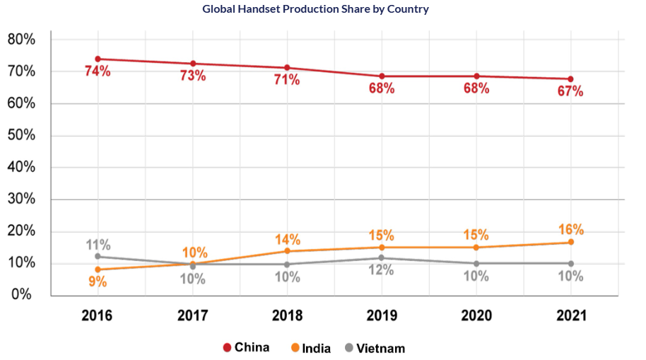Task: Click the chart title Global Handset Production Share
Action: (x=315, y=9)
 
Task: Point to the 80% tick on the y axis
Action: (x=21, y=40)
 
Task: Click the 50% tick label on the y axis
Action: (x=21, y=136)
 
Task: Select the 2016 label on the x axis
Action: (x=98, y=316)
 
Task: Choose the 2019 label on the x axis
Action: (x=382, y=316)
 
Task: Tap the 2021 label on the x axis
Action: (x=570, y=316)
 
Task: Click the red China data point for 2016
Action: (x=98, y=59)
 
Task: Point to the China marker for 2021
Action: (x=570, y=79)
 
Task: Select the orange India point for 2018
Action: (x=287, y=251)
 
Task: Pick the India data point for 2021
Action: (x=570, y=243)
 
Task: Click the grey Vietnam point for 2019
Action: (x=382, y=258)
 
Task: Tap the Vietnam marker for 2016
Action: (x=98, y=256)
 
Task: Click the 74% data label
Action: (x=98, y=71)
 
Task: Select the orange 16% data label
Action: (x=570, y=229)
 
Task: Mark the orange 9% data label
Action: (x=98, y=281)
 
